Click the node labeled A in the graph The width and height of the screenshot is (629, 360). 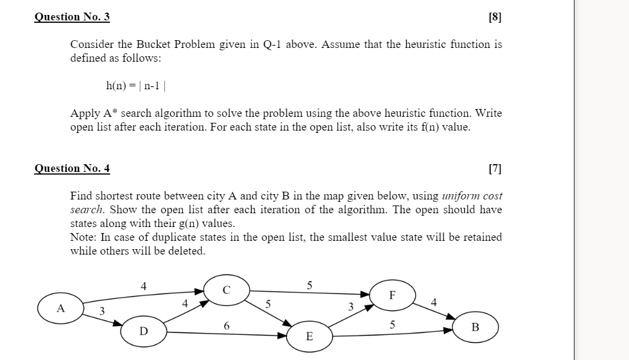point(60,308)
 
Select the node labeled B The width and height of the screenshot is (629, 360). point(475,327)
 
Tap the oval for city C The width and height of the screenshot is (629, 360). point(226,290)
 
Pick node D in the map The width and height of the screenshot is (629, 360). point(143,331)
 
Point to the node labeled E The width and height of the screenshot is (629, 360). point(309,337)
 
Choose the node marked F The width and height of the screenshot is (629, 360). point(392,295)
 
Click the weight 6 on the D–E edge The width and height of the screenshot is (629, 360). point(226,325)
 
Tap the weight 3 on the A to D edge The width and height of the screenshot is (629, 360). point(102,310)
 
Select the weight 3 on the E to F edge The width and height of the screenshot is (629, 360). point(351,307)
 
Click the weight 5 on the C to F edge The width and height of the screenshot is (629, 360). point(309,285)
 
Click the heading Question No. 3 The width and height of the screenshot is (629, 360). point(72,17)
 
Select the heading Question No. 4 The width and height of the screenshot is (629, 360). point(72,168)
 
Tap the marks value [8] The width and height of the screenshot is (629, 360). point(495,17)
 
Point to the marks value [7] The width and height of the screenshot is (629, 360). point(495,168)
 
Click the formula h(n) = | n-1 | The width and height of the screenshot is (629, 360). point(136,86)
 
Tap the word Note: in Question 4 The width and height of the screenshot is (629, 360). point(83,237)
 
